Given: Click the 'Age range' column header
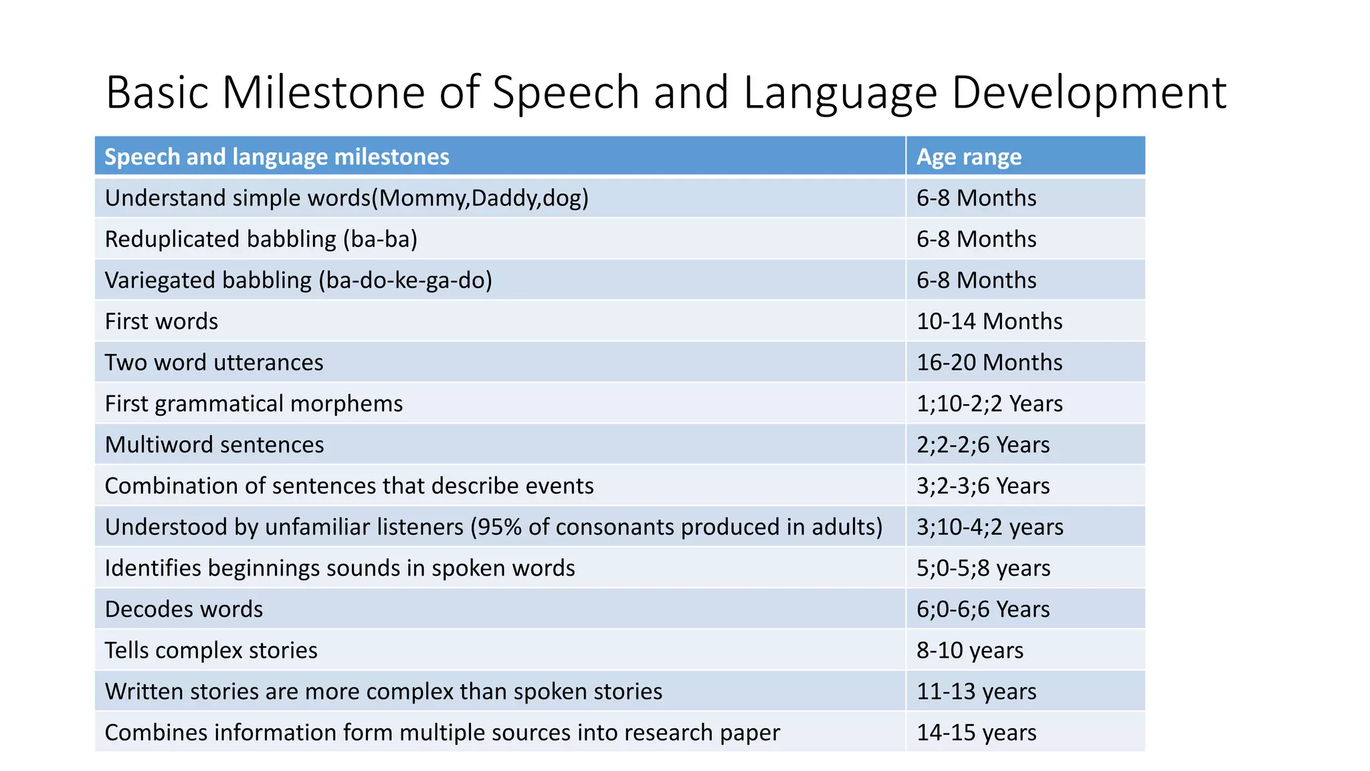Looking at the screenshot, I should pyautogui.click(x=969, y=157).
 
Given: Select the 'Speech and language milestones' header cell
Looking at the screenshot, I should pyautogui.click(x=277, y=157).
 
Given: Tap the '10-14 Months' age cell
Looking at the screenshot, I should pyautogui.click(x=989, y=321).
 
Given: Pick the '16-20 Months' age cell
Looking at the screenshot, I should pyautogui.click(x=989, y=363).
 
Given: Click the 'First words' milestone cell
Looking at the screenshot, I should pyautogui.click(x=161, y=321).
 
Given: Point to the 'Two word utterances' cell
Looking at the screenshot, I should pyautogui.click(x=214, y=363).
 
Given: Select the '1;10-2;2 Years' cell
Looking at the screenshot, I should pyautogui.click(x=989, y=404).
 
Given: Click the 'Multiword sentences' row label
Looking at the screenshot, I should pyautogui.click(x=214, y=445).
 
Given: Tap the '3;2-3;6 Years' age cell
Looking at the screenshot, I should pyautogui.click(x=983, y=486).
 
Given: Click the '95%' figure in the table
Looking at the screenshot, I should pyautogui.click(x=499, y=527).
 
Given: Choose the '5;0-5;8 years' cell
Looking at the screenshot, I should pyautogui.click(x=983, y=568).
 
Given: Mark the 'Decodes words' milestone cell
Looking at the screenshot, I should pyautogui.click(x=184, y=609).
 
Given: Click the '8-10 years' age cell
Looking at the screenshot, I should pyautogui.click(x=969, y=651).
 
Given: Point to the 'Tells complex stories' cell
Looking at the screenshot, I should pyautogui.click(x=211, y=651).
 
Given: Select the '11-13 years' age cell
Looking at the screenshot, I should pyautogui.click(x=976, y=691).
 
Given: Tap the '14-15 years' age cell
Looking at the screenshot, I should pyautogui.click(x=976, y=733).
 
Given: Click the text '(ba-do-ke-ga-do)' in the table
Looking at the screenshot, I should pyautogui.click(x=405, y=280).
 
